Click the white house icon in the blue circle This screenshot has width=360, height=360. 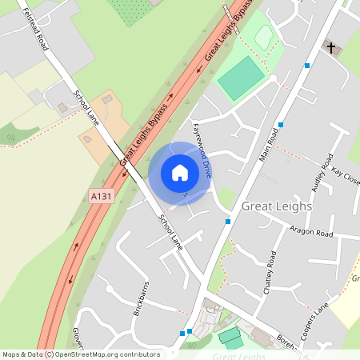pyautogui.click(x=180, y=173)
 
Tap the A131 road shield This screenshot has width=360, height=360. pyautogui.click(x=99, y=194)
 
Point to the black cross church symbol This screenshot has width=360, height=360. pyautogui.click(x=330, y=48)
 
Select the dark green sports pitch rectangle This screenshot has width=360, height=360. pyautogui.click(x=241, y=78)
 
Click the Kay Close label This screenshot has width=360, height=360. pyautogui.click(x=346, y=176)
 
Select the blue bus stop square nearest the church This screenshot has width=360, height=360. pyautogui.click(x=306, y=65)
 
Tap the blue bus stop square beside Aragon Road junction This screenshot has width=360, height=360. pyautogui.click(x=228, y=221)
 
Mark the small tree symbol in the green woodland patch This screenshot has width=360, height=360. pyautogui.click(x=10, y=137)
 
